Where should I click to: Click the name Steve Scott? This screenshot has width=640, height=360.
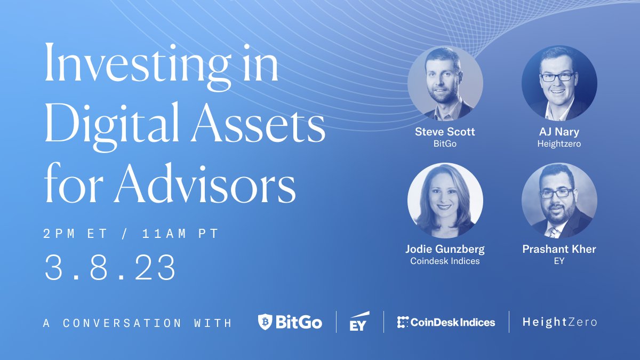tap(445, 132)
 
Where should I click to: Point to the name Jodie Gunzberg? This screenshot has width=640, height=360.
tap(445, 249)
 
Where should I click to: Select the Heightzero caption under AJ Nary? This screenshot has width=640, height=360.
tap(559, 143)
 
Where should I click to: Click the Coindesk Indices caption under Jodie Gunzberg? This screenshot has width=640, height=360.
tap(445, 261)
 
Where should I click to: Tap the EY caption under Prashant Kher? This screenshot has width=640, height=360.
tap(559, 261)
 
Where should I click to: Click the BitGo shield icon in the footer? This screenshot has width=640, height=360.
tap(265, 322)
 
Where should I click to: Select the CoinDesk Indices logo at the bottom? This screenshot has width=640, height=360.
tap(446, 322)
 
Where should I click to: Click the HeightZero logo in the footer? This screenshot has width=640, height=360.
tap(559, 322)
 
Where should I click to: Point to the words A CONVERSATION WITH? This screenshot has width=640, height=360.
tap(138, 323)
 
